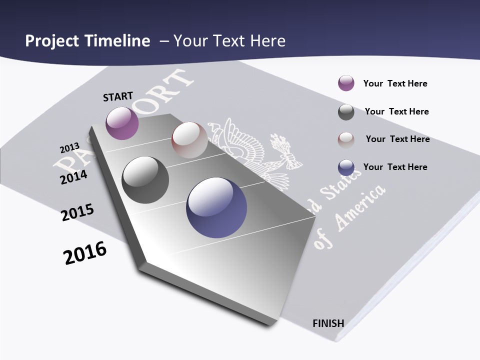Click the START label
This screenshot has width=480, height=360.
(118, 96)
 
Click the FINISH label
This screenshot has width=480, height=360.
(328, 323)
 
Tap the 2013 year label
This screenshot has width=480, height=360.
(69, 148)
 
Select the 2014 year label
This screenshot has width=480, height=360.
(73, 177)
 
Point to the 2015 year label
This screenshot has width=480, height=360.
(77, 212)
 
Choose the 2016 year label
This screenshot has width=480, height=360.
(85, 253)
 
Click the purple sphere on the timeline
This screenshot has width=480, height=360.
(122, 123)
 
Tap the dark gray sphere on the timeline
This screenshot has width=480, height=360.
(145, 180)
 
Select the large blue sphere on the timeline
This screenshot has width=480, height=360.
(216, 207)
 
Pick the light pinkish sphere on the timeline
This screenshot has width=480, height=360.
(189, 140)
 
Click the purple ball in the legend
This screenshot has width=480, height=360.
(346, 83)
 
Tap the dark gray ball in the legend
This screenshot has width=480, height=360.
(346, 112)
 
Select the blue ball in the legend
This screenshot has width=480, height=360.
(346, 167)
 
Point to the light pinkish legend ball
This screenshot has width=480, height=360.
(346, 140)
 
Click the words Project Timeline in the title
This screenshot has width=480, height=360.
(87, 41)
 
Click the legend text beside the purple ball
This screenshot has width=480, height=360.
(395, 83)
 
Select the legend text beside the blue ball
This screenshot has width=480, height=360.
(395, 167)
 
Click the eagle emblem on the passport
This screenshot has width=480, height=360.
(250, 150)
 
